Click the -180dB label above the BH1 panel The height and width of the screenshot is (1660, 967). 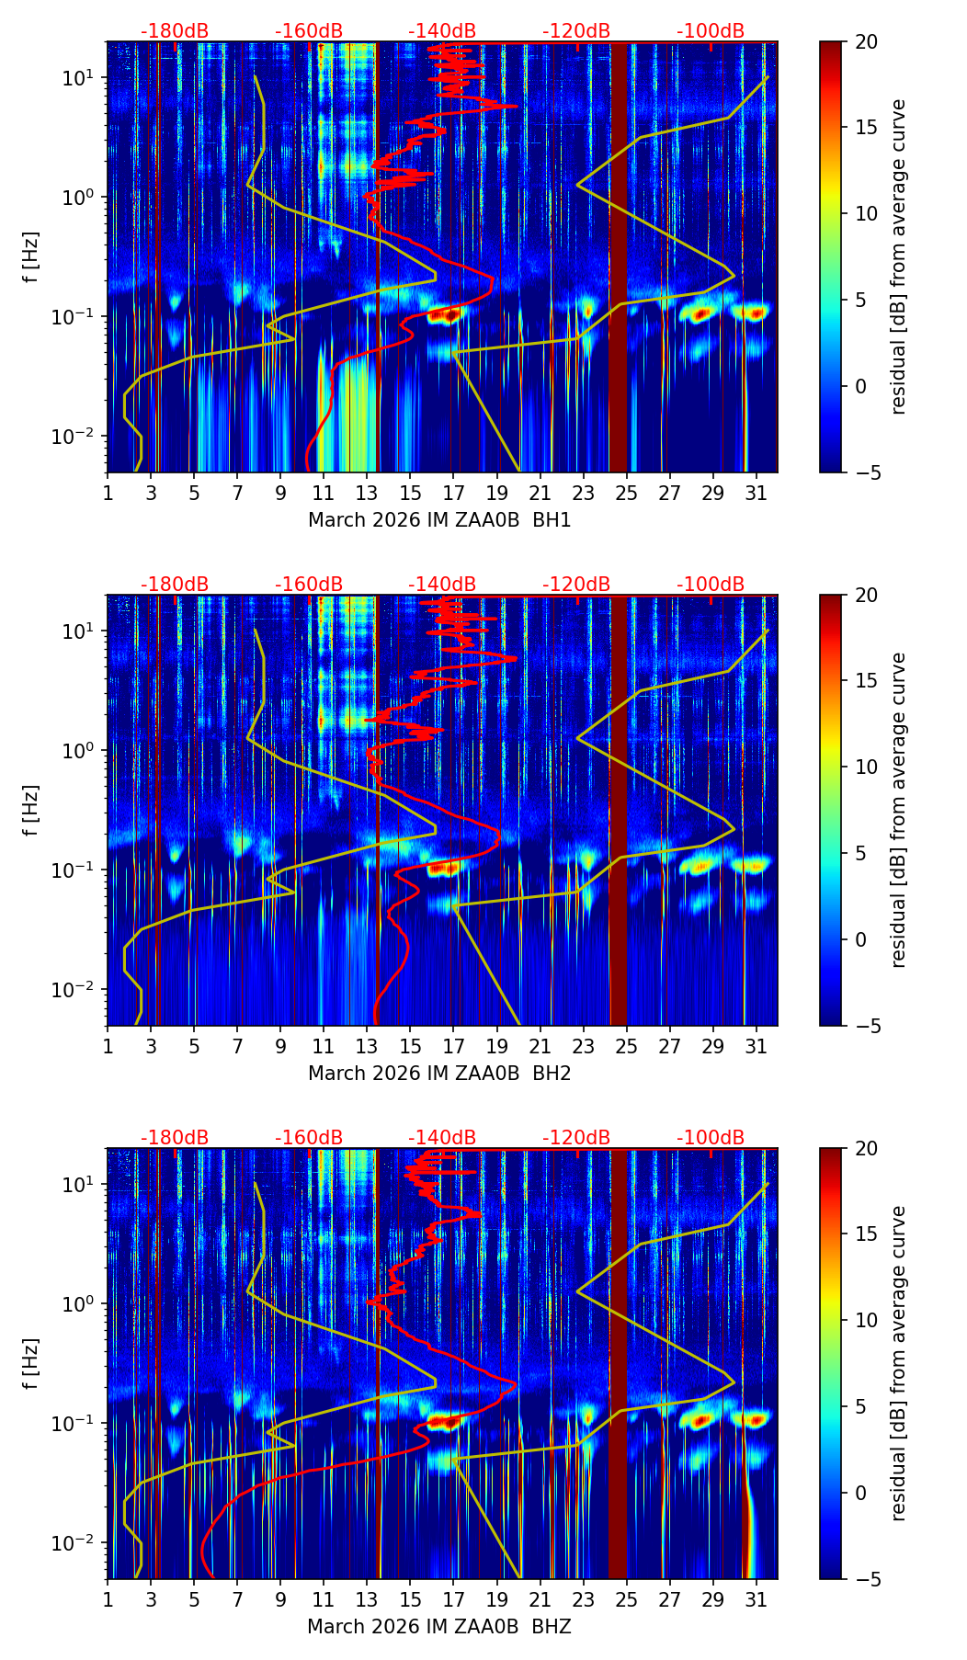(175, 31)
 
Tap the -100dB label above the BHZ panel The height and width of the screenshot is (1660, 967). (711, 1138)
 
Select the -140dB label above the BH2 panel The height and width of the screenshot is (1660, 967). (442, 585)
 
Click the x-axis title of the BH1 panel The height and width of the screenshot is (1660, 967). (439, 520)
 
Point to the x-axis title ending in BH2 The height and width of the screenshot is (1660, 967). (439, 1074)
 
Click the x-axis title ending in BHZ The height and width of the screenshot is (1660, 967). (439, 1627)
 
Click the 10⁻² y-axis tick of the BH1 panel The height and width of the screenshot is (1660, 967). (83, 435)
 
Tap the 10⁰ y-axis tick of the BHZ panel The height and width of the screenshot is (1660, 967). (85, 1303)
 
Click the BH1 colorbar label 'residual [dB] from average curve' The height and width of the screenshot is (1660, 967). (899, 257)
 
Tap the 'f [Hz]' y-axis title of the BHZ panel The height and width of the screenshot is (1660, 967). (31, 1364)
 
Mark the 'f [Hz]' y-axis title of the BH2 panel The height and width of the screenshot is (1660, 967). (31, 811)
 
